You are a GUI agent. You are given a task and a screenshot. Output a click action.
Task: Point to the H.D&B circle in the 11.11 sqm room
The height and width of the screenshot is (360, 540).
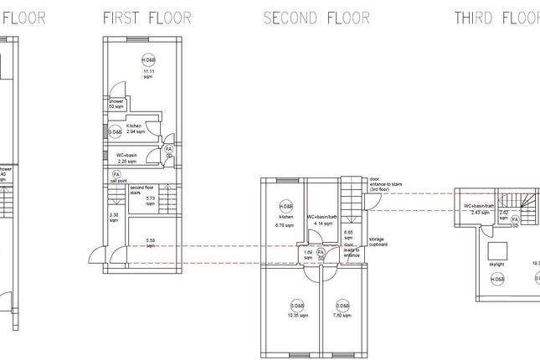149,61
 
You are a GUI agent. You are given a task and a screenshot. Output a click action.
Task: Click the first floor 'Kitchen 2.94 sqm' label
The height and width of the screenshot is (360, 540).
136,129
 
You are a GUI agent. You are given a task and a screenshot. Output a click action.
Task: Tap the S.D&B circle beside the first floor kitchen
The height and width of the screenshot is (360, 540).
116,131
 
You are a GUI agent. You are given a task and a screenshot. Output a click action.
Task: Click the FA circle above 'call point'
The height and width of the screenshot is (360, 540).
116,173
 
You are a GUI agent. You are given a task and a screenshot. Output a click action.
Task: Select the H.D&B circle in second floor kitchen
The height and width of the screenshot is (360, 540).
285,206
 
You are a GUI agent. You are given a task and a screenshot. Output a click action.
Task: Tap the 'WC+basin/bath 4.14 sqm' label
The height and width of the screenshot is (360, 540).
322,219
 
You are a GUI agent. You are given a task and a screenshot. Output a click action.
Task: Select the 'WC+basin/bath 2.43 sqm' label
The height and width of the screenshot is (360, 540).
480,208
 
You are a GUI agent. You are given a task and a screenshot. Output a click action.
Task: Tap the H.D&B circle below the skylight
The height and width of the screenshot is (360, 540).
496,279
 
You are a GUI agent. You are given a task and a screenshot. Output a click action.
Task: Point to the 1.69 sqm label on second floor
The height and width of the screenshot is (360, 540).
307,255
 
